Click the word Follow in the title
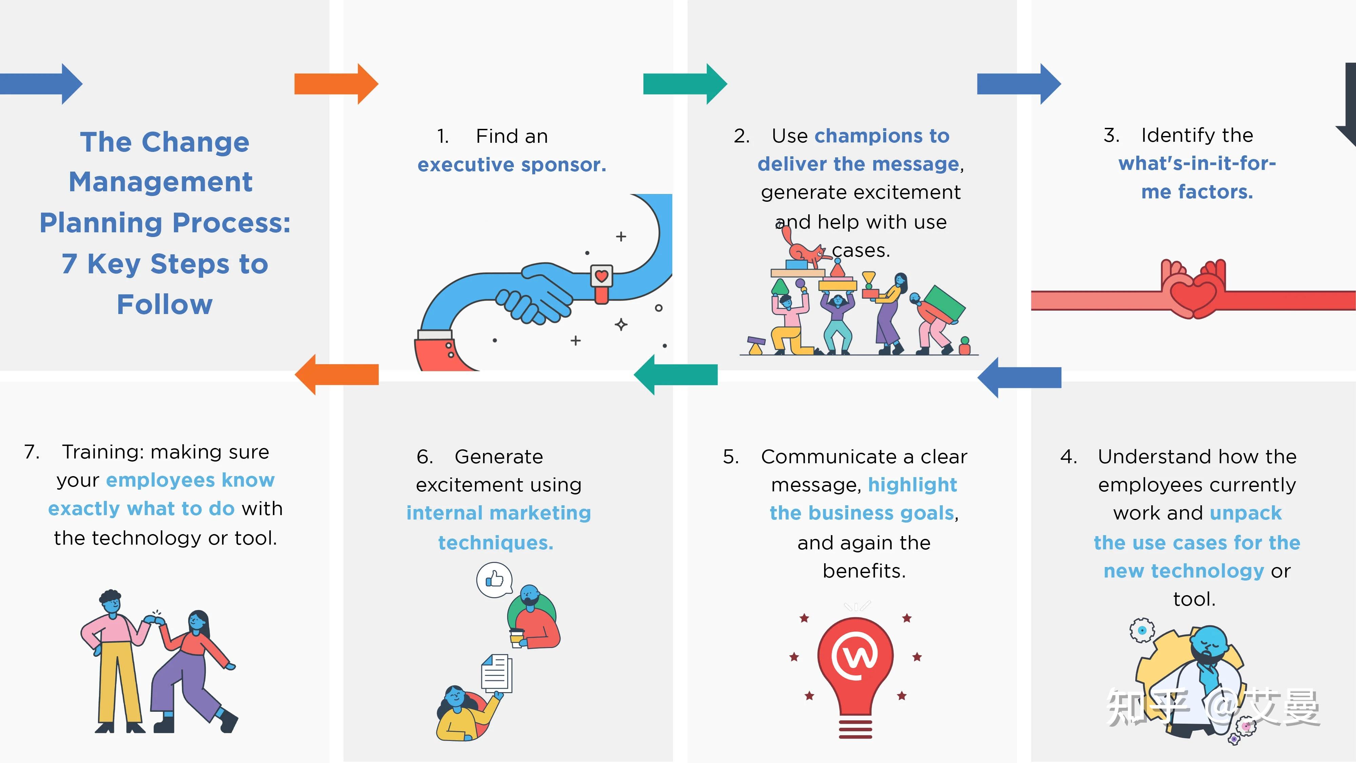coord(165,305)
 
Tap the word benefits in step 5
coord(864,571)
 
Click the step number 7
coord(32,452)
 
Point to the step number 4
coord(1068,456)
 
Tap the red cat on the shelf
coord(803,250)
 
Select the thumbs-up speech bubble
coord(494,580)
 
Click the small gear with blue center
coord(1142,630)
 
